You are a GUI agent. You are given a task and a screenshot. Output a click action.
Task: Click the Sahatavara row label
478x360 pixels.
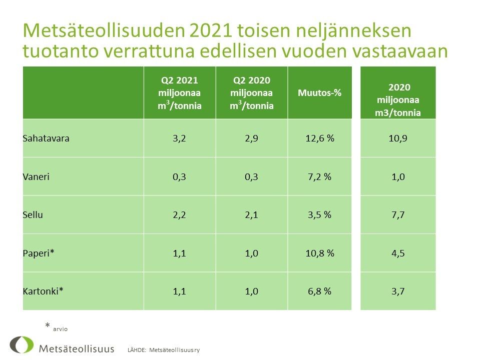point(46,138)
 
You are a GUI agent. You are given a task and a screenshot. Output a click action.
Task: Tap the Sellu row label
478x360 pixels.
point(33,214)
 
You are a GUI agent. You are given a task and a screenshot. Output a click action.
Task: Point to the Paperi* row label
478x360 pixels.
point(39,253)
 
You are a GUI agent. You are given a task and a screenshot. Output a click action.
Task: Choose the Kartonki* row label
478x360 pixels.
point(43,291)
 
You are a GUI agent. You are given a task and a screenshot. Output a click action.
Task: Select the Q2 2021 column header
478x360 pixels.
point(179,93)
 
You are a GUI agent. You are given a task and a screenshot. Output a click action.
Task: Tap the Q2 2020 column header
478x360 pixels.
point(251,93)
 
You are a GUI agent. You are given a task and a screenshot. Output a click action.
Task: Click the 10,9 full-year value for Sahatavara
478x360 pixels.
point(398,138)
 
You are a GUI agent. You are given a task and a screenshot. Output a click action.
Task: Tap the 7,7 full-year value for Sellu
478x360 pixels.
point(398,214)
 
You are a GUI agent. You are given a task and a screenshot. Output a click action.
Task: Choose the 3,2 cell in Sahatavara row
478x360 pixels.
point(179,138)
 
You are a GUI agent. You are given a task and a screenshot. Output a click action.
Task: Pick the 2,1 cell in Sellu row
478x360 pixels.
point(251,214)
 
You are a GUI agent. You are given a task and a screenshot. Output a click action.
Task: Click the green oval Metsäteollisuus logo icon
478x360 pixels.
point(22,345)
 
